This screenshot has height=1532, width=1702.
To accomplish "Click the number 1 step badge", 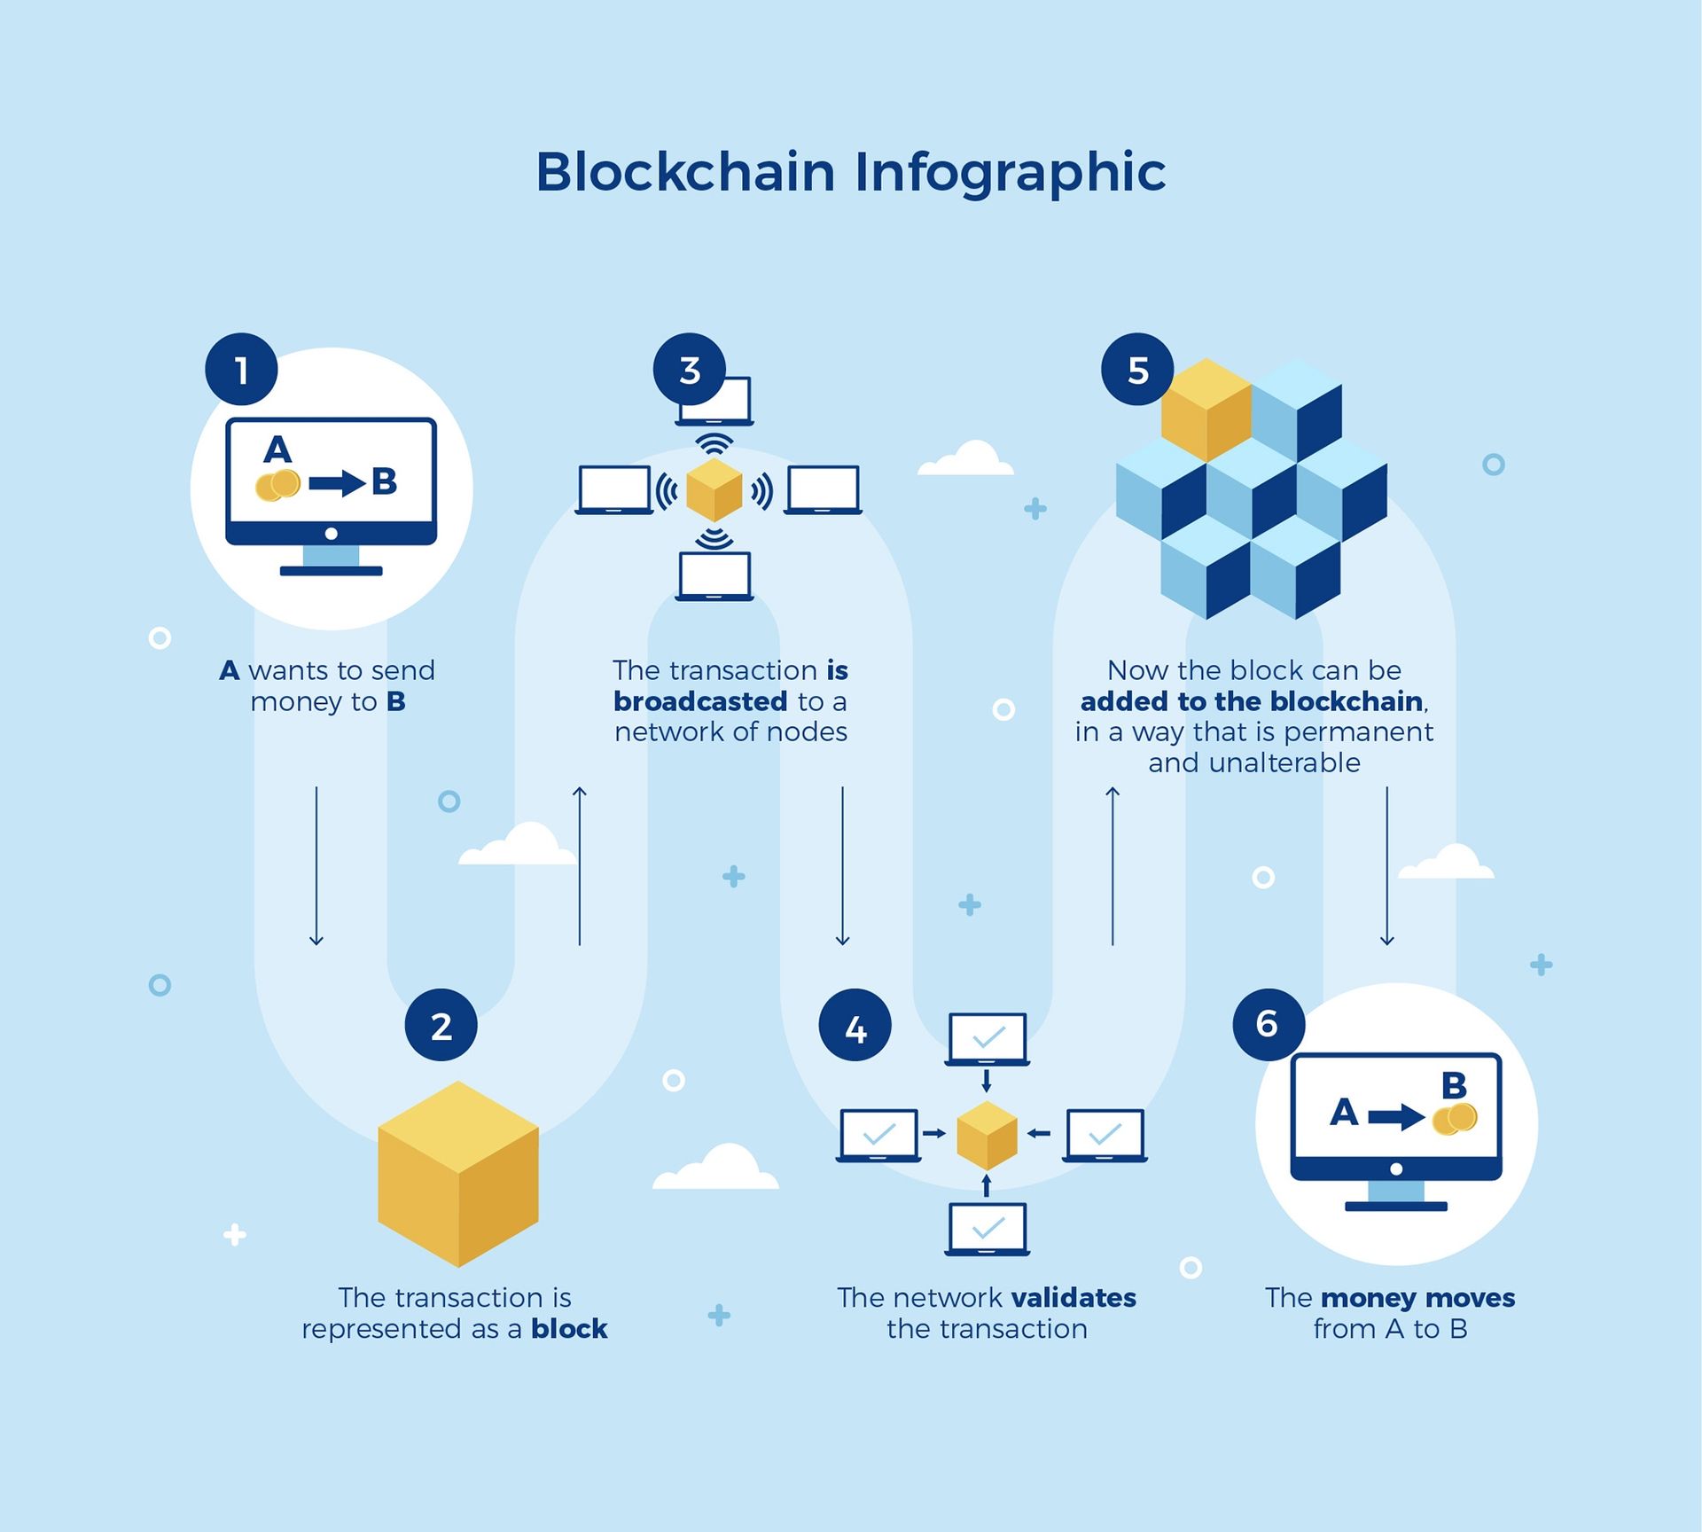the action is [241, 370].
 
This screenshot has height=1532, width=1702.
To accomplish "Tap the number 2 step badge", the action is [441, 1025].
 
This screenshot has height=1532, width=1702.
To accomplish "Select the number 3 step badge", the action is [690, 370].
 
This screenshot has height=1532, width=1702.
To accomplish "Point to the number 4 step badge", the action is [855, 1025].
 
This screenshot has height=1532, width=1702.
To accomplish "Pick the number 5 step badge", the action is [1137, 370].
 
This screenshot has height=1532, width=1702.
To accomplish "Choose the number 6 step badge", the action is [1269, 1025].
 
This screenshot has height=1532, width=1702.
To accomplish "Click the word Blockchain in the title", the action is [686, 171].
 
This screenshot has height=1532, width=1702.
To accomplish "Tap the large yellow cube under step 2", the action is [458, 1173].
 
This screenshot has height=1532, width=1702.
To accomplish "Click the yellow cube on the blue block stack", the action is [1206, 410].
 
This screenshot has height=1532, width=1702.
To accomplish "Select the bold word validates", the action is [1074, 1298].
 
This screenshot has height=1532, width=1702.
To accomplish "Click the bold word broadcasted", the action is [700, 701].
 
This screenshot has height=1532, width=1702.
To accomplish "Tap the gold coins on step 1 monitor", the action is [278, 485].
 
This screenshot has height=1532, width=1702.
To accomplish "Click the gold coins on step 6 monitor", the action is [1455, 1120].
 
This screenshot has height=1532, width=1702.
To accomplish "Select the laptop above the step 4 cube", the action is [987, 1039].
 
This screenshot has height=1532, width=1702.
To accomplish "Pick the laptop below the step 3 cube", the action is [714, 576].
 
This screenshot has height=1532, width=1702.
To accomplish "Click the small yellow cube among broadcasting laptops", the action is [714, 489].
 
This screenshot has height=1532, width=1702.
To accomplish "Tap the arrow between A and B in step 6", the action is [1396, 1116].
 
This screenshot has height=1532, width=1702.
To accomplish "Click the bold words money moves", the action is [1417, 1298].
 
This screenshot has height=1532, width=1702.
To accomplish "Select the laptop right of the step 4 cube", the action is [1105, 1135].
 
